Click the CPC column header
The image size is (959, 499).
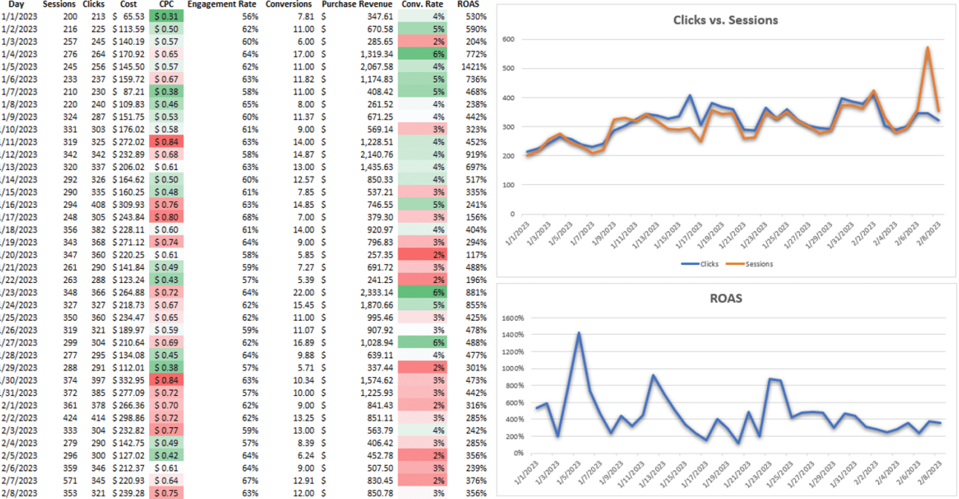coord(168,4)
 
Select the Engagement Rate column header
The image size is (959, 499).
coord(223,4)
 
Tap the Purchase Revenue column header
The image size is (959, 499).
coord(357,4)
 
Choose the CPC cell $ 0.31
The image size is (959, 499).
coord(168,16)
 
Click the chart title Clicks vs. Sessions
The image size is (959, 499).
coord(725,20)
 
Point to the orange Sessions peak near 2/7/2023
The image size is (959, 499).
coord(927,48)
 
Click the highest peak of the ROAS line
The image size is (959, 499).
coord(579,333)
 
